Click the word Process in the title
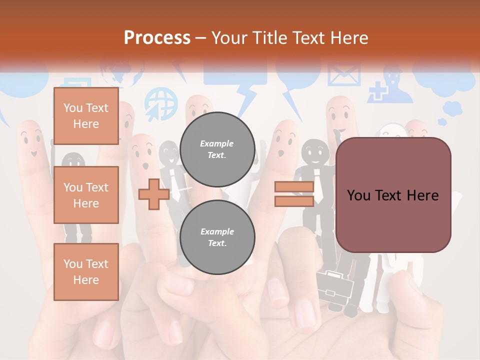157,37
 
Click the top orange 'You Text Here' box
86,116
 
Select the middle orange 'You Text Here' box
86,195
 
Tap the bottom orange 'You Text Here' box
86,272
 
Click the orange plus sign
153,194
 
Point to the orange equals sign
294,194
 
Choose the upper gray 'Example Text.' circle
217,149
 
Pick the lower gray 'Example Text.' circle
217,237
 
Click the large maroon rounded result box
393,195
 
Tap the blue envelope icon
344,75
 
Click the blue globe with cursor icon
161,104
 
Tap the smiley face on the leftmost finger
31,142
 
